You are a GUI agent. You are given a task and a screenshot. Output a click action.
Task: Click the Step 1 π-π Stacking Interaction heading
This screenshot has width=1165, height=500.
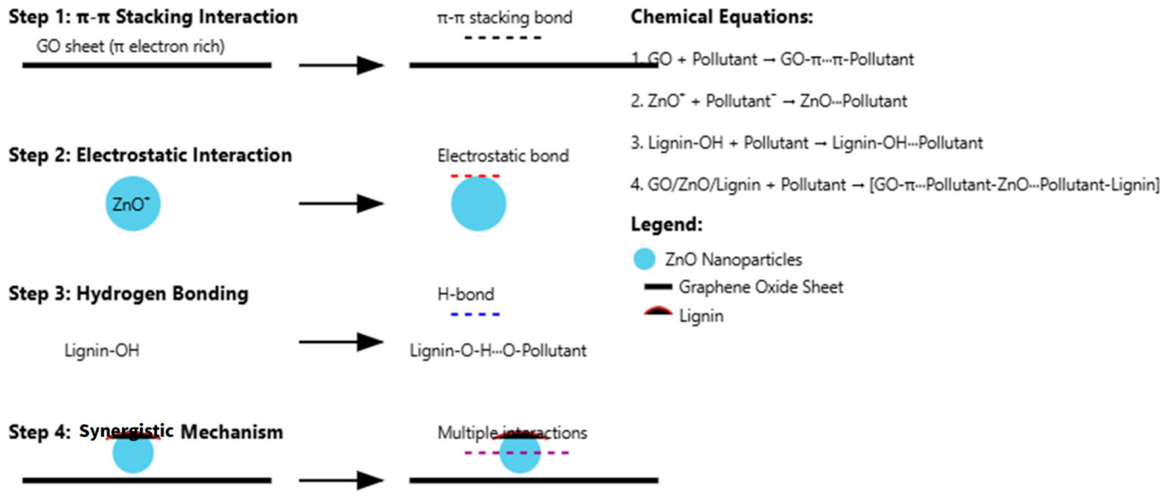tap(153, 17)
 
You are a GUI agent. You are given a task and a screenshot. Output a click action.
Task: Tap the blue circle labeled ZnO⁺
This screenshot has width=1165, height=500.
tap(133, 204)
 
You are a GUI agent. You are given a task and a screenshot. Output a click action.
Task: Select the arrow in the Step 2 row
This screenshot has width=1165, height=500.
tap(341, 203)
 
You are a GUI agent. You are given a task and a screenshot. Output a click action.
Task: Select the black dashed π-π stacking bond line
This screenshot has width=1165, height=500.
tap(503, 38)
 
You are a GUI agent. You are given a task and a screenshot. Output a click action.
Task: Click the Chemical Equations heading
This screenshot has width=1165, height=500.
tap(721, 17)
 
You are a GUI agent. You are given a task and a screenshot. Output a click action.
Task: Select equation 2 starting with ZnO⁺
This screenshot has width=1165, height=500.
tap(769, 101)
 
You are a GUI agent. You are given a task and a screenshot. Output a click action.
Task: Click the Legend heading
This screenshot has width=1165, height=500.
tap(667, 224)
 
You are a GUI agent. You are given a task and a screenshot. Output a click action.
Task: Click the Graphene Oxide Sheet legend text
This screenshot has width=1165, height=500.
tap(761, 287)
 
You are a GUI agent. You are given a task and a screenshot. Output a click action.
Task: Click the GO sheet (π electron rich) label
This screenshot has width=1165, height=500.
tap(130, 47)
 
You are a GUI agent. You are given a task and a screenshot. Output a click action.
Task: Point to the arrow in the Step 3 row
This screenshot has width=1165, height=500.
tap(341, 342)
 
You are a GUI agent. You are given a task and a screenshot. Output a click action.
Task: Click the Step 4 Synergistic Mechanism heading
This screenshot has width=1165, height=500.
tap(146, 432)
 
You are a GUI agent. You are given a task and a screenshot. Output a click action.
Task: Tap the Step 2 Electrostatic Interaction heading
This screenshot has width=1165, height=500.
tap(150, 155)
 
